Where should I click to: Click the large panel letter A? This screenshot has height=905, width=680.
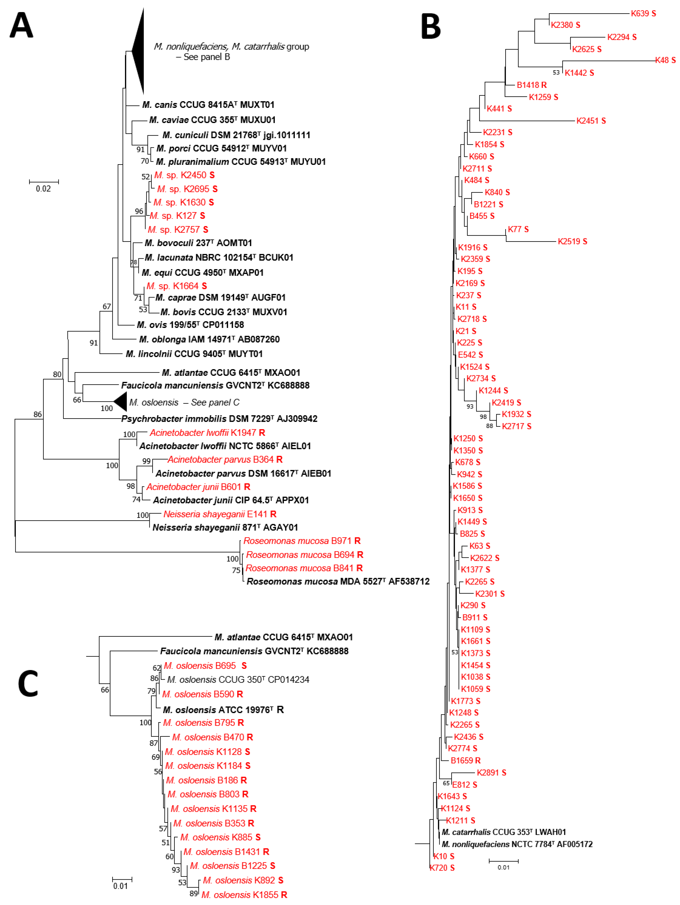[21, 25]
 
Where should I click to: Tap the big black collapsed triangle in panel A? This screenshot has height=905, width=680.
[138, 51]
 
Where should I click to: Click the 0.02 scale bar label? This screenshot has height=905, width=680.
[43, 189]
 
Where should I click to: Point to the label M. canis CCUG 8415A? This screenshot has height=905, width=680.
[208, 105]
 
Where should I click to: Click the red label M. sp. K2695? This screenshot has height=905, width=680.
[187, 189]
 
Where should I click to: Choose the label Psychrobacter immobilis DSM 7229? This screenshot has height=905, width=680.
[219, 418]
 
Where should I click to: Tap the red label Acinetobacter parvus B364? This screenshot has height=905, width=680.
[225, 459]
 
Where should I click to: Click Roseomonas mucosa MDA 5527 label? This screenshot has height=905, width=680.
[338, 581]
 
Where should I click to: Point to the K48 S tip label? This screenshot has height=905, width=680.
[665, 60]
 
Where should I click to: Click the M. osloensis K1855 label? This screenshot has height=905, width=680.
[244, 895]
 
